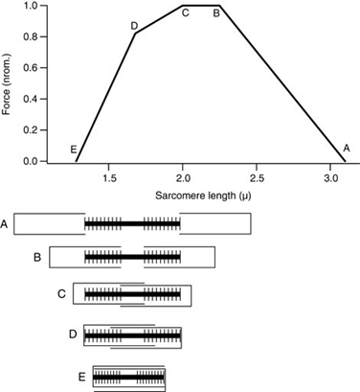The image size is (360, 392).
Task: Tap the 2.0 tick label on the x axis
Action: pos(183,178)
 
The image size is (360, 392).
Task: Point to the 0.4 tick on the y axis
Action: pos(31,99)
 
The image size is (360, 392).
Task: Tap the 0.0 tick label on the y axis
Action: pos(31,161)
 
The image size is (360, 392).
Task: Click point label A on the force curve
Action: pos(346,148)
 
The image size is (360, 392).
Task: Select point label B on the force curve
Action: pos(216,13)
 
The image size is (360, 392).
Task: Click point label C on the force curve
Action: pos(185,13)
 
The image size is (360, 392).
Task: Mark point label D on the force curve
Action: pos(134,26)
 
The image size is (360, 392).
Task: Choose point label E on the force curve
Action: pos(74,150)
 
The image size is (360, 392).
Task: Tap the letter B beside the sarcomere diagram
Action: pos(36,257)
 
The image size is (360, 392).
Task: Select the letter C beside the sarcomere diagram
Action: pos(61,293)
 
